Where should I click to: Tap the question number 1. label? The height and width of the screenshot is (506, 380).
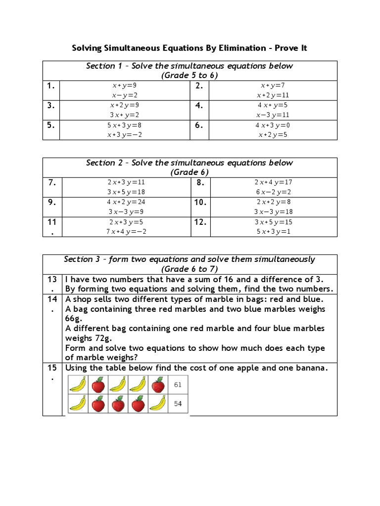tap(51, 86)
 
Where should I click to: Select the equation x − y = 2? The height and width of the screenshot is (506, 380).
tap(125, 95)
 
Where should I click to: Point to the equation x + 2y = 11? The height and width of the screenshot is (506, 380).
tap(272, 95)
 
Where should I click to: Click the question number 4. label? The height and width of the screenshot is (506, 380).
tap(199, 105)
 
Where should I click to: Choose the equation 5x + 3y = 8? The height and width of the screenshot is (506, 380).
tap(125, 125)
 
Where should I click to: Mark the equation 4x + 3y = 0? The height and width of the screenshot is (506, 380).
tap(272, 125)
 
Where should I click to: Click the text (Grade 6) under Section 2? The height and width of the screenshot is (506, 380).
tap(190, 172)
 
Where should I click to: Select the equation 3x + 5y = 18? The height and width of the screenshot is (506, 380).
tap(125, 192)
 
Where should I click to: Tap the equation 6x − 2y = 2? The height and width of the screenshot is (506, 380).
tap(272, 192)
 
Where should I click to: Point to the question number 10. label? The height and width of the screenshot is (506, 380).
tap(200, 202)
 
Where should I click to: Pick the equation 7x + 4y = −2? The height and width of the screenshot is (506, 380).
tap(125, 231)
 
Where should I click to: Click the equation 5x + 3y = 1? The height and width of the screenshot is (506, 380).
tap(272, 231)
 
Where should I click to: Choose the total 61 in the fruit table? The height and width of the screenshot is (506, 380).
tap(178, 384)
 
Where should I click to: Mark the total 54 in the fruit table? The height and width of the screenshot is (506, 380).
tap(178, 404)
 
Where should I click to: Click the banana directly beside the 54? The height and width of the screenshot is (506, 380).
tap(158, 404)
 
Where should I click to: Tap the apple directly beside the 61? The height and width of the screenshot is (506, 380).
tap(158, 384)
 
